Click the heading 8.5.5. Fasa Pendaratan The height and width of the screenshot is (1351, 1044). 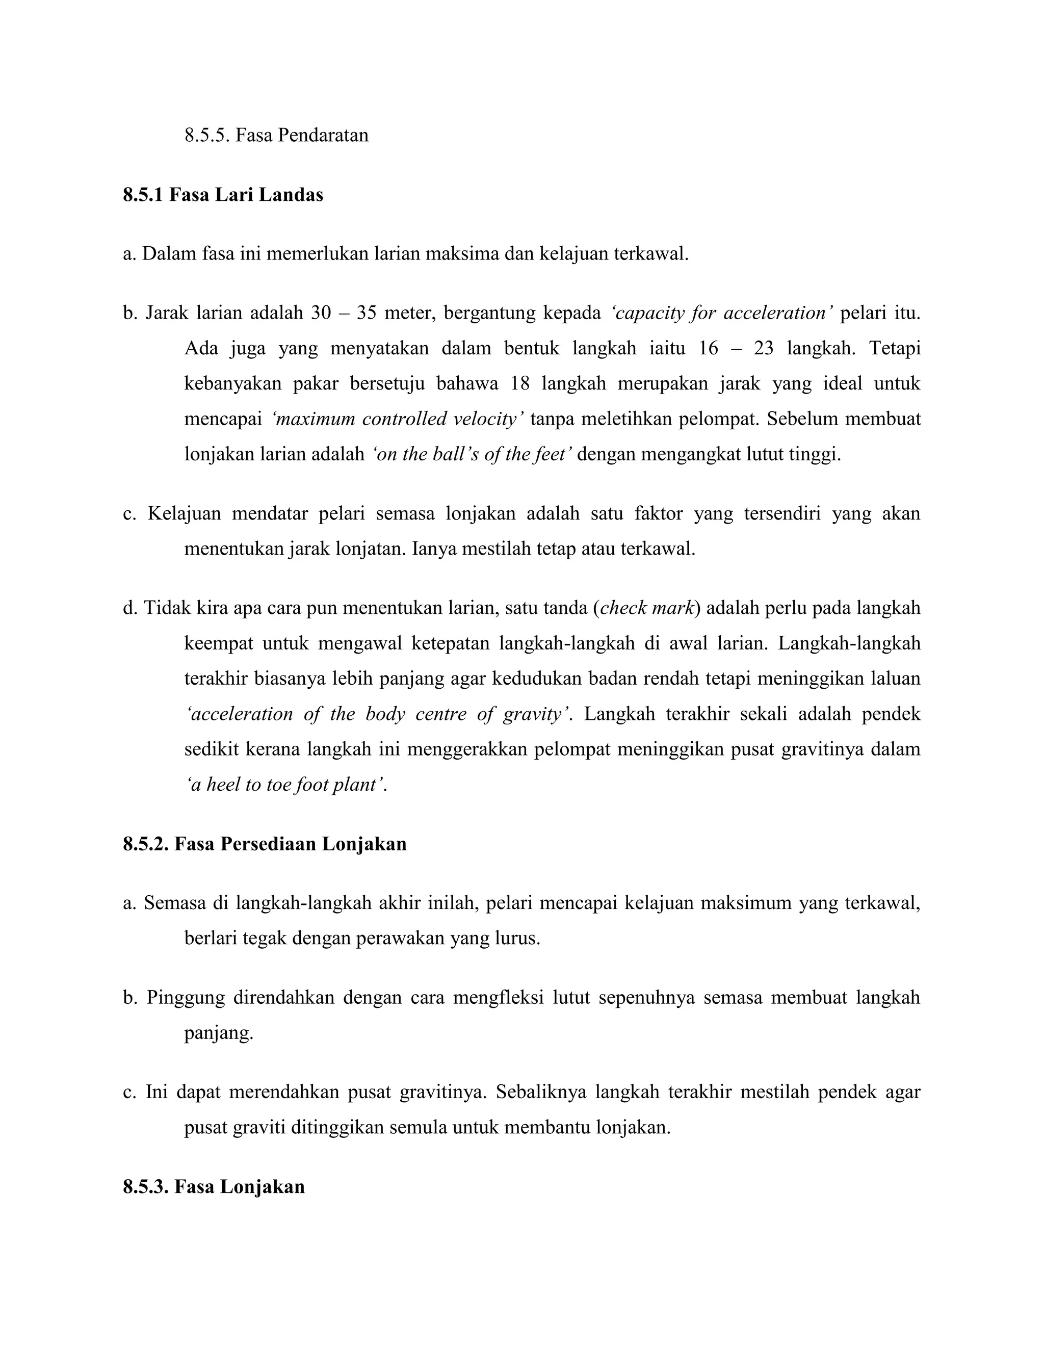pos(276,135)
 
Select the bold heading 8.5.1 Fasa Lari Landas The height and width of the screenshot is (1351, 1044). pos(223,195)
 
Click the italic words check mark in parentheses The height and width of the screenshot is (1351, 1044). pos(646,608)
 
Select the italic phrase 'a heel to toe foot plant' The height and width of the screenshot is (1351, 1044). pos(286,785)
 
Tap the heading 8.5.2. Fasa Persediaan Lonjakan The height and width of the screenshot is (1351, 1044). pos(265,844)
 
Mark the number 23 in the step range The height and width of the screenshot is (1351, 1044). pos(763,348)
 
